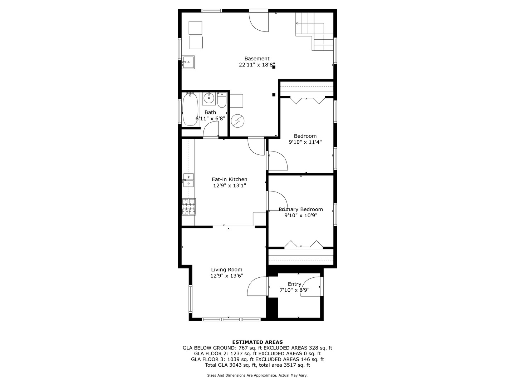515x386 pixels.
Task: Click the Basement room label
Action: click(x=257, y=59)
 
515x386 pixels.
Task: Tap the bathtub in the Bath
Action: click(x=190, y=109)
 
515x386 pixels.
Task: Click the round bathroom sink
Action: click(x=209, y=99)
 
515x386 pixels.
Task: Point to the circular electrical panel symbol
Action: click(x=237, y=121)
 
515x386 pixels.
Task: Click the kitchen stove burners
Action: click(x=188, y=207)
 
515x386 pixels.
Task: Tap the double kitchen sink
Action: click(x=188, y=180)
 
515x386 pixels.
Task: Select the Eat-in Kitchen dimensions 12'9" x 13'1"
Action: click(x=229, y=185)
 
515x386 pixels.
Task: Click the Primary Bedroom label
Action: click(x=300, y=209)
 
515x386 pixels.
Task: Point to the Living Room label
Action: click(x=226, y=269)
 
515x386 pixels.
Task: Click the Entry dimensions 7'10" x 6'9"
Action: click(x=294, y=290)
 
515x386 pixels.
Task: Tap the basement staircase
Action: click(x=314, y=31)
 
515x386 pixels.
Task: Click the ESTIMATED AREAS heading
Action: click(x=257, y=342)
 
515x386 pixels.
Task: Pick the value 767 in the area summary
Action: click(x=243, y=348)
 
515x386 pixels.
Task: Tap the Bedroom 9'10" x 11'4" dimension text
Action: click(x=305, y=142)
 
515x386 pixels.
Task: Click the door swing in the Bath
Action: click(x=211, y=129)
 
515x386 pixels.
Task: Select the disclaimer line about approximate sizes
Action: click(x=257, y=375)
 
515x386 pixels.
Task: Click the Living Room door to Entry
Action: click(x=257, y=286)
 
